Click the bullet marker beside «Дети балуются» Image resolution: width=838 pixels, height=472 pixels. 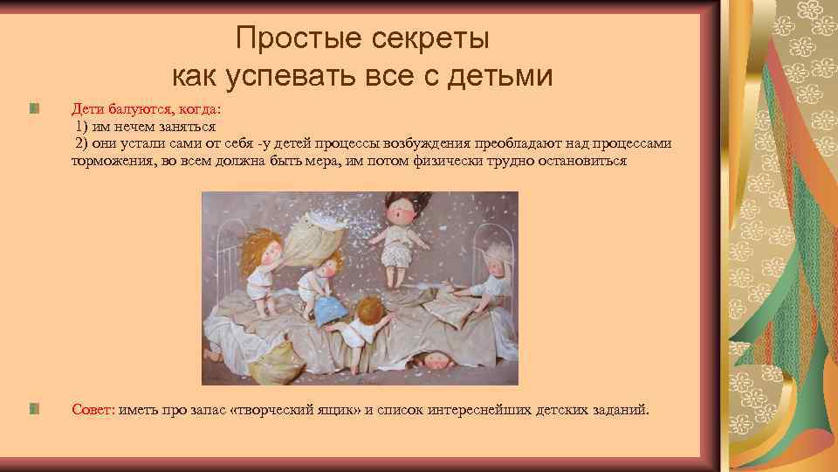(x=32, y=109)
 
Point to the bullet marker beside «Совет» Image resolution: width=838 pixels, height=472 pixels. (x=32, y=408)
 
